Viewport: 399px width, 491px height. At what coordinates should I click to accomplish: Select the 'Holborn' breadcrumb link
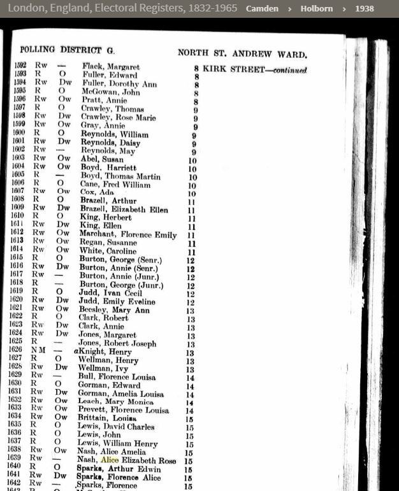[316, 9]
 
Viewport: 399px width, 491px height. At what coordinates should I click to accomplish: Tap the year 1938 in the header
[365, 9]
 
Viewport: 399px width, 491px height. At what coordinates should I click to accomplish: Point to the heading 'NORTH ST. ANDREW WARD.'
[242, 53]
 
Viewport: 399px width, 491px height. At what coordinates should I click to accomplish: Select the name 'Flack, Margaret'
[111, 67]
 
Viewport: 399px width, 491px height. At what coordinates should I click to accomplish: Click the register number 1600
[22, 134]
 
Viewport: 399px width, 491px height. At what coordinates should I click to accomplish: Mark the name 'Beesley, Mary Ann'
[115, 310]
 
